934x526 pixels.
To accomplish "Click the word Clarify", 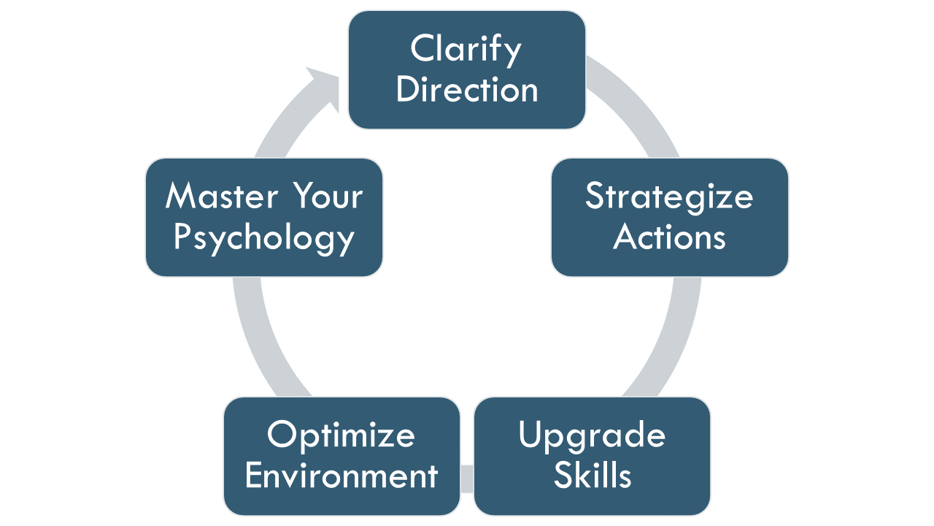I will tap(466, 50).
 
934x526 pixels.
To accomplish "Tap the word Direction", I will tap(467, 90).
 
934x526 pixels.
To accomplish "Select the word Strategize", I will tap(669, 197).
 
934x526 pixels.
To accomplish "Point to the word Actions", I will tap(669, 237).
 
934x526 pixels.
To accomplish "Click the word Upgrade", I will tap(592, 435).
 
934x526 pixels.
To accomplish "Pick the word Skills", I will tap(592, 476).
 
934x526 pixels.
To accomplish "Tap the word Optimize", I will tap(341, 435).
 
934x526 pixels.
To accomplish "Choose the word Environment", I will tap(341, 476).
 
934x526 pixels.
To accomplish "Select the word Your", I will tap(328, 197).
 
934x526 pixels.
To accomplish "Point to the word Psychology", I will tap(263, 238).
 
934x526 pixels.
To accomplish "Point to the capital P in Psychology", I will tap(183, 237).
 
